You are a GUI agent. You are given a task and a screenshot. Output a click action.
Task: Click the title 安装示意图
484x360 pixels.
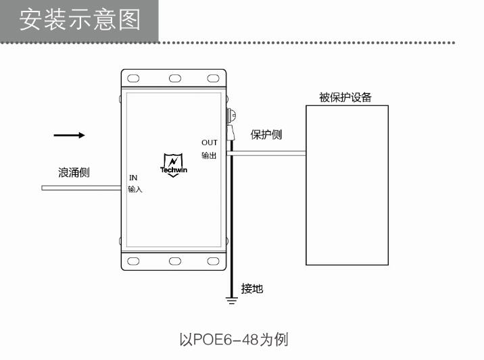pyautogui.click(x=80, y=20)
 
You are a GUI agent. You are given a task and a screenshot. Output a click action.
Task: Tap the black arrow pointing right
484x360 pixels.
pyautogui.click(x=69, y=135)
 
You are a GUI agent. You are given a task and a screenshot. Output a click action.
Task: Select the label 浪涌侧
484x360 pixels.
pyautogui.click(x=74, y=172)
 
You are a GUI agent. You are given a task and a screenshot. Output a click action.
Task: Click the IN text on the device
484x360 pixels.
pyautogui.click(x=133, y=178)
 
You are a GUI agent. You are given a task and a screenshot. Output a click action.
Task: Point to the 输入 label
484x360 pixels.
pyautogui.click(x=135, y=189)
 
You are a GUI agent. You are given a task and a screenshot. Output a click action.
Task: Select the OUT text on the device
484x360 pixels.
pyautogui.click(x=210, y=143)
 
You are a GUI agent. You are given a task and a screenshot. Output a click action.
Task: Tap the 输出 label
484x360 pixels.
pyautogui.click(x=209, y=155)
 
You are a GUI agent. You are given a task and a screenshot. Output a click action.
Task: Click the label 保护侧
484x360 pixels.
pyautogui.click(x=266, y=134)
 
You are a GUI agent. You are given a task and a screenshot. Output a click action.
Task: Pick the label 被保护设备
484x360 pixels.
pyautogui.click(x=345, y=97)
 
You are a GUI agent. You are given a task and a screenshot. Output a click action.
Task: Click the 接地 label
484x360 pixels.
pyautogui.click(x=252, y=288)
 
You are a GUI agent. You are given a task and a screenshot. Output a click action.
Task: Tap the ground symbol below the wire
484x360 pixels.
pyautogui.click(x=231, y=301)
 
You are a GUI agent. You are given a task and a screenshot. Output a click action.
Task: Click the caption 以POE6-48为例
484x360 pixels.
pyautogui.click(x=234, y=339)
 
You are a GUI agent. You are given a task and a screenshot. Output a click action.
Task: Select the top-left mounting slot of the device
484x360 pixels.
pyautogui.click(x=133, y=78)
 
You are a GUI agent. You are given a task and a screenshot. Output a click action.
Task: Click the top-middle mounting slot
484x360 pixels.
pyautogui.click(x=175, y=78)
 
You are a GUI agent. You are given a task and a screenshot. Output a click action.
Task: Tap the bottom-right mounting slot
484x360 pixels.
pyautogui.click(x=214, y=261)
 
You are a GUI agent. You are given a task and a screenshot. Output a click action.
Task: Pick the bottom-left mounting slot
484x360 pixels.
pyautogui.click(x=133, y=261)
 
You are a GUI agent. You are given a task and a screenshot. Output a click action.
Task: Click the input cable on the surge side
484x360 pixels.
pyautogui.click(x=82, y=188)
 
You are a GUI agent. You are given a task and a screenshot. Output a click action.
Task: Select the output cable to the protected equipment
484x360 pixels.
pyautogui.click(x=266, y=153)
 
